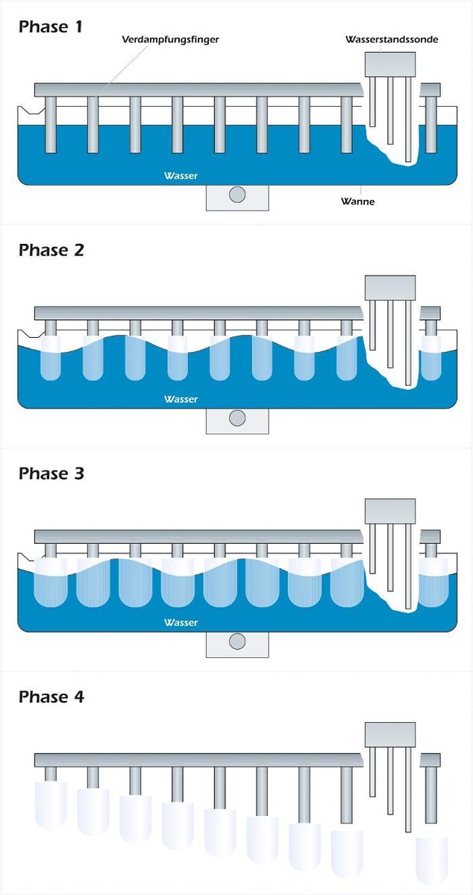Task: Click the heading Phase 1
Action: (51, 27)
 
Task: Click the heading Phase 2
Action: (51, 250)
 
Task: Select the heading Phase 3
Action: (51, 473)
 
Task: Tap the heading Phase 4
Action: (51, 697)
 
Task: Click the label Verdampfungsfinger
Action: (170, 39)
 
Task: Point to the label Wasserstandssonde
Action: (392, 39)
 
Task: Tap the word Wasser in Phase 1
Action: (181, 177)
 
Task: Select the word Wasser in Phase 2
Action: (181, 400)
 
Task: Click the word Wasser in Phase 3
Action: (181, 623)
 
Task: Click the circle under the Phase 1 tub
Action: (237, 195)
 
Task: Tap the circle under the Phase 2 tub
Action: (237, 418)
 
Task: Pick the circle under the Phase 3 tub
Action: (237, 641)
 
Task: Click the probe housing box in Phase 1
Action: (389, 63)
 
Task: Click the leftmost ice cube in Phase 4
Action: (51, 804)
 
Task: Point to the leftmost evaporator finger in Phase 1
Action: (51, 123)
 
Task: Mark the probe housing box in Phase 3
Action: (389, 511)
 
